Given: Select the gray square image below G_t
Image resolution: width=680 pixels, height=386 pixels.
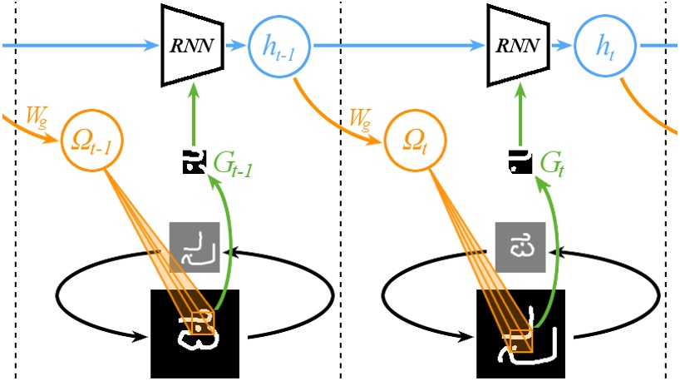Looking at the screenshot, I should click(x=519, y=246).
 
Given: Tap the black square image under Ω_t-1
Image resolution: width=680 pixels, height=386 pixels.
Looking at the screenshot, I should click(x=195, y=333).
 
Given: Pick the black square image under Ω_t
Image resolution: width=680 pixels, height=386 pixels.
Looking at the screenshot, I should click(x=519, y=333).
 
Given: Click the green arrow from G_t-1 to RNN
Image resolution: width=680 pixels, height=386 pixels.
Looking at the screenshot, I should click(x=194, y=108).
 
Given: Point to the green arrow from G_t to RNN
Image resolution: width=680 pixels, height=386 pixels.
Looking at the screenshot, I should click(x=518, y=108).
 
